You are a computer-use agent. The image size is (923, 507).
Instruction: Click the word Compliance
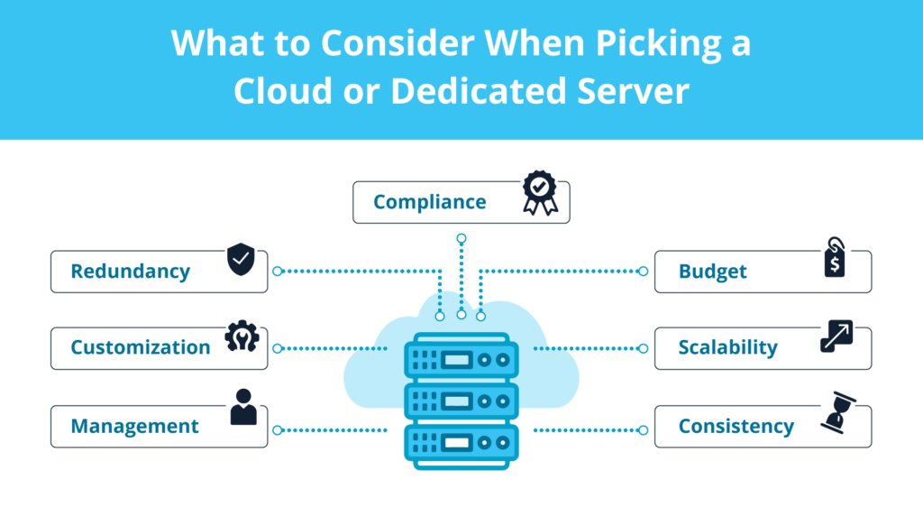click(x=429, y=202)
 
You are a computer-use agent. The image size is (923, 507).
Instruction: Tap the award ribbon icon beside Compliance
click(x=540, y=193)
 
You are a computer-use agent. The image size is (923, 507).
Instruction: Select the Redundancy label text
click(x=131, y=272)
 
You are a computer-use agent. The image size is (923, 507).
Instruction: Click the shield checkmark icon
click(x=241, y=259)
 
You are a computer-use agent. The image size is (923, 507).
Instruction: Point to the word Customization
click(x=141, y=347)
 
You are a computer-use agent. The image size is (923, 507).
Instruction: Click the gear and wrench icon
click(x=242, y=336)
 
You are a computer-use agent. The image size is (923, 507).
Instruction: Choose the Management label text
click(x=135, y=426)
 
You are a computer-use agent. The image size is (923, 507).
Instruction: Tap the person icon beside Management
click(x=242, y=407)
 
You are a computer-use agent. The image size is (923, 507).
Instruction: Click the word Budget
click(x=713, y=272)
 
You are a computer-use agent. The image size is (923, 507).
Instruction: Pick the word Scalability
click(x=727, y=347)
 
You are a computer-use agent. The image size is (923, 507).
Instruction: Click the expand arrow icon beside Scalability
click(x=836, y=336)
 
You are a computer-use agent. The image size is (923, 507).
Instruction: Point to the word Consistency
click(x=736, y=426)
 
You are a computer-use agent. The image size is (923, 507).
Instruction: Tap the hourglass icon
click(x=836, y=413)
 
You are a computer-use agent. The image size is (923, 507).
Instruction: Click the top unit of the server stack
click(x=461, y=359)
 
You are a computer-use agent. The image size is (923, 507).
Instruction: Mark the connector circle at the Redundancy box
click(x=278, y=271)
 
